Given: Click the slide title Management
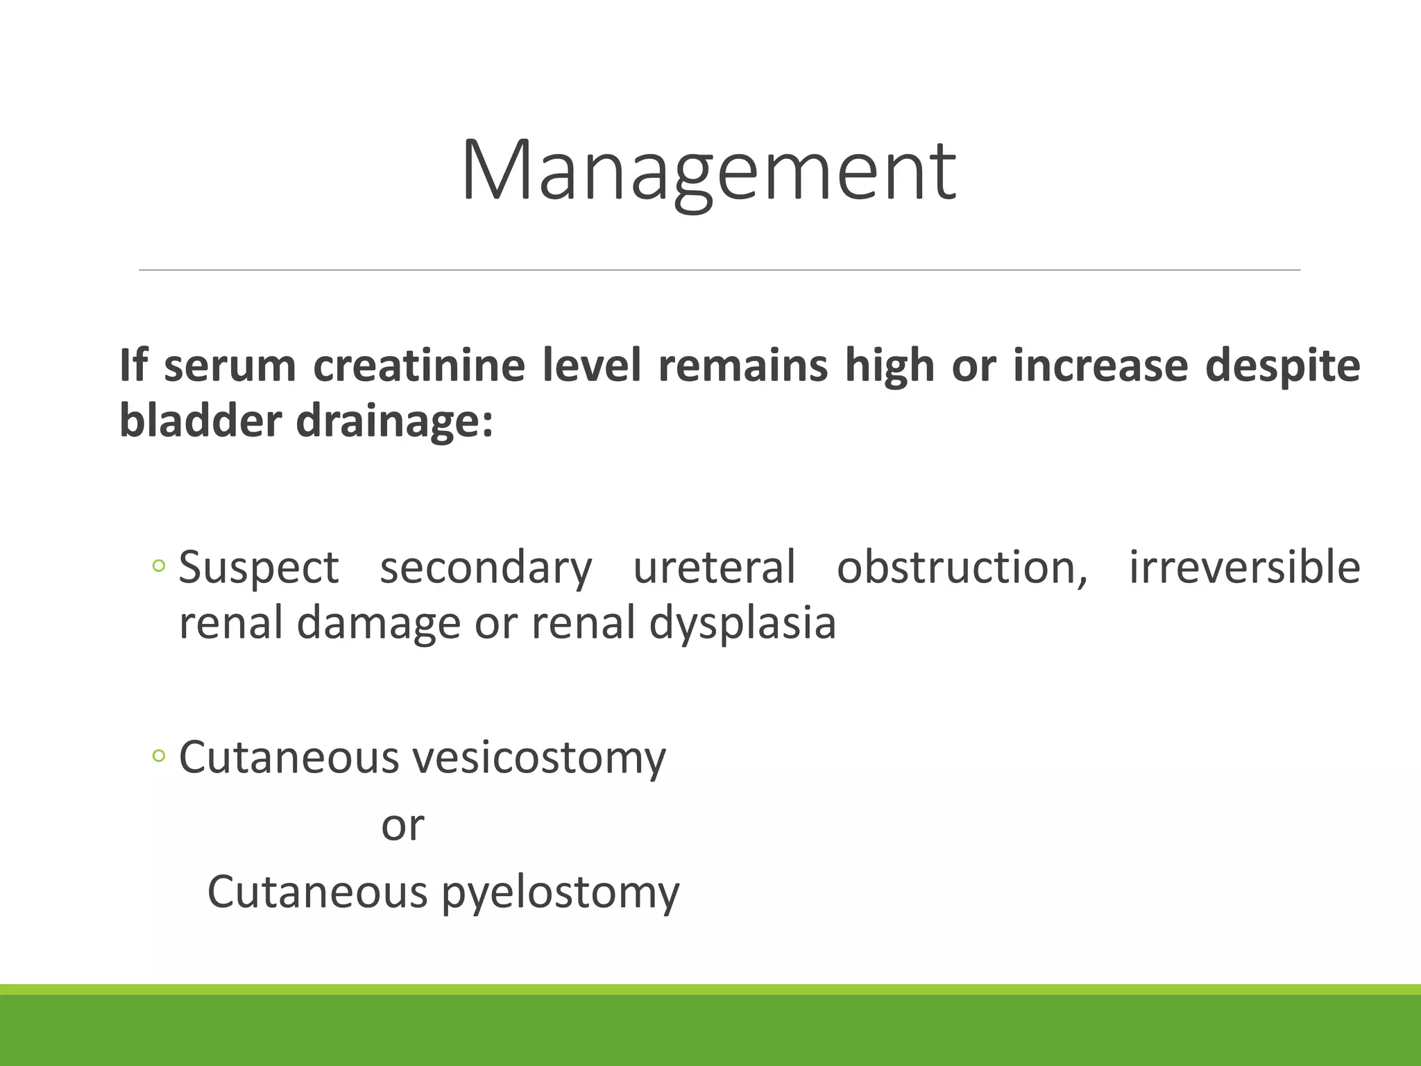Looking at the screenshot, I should pos(708,171).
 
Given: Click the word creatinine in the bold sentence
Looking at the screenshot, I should pos(418,366).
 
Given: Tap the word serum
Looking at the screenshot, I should pos(230,366).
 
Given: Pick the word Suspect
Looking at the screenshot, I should pos(259,568).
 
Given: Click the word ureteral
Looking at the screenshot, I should pos(714,568).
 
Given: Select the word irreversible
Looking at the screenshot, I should pos(1244,568).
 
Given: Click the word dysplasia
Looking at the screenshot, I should pos(742,623).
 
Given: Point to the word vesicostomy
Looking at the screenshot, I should pos(539,757).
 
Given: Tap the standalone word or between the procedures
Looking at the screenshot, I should pos(402,826).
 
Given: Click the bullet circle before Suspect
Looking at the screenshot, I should pos(159,567).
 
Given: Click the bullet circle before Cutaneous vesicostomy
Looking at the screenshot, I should pos(159,756).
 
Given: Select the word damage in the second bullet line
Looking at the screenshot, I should pos(378,623).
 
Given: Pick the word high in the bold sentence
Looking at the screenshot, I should pos(890,366).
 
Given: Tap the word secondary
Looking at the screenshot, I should pos(486,568).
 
